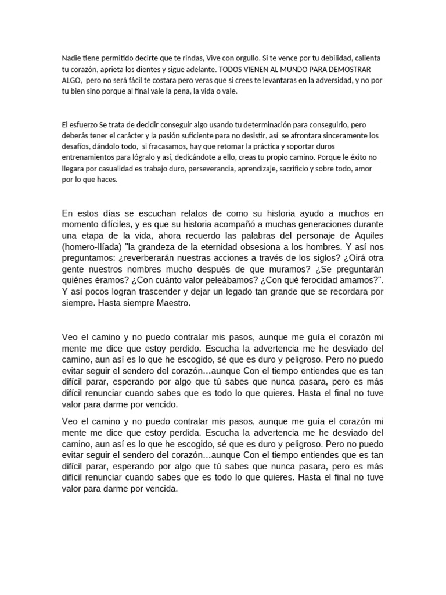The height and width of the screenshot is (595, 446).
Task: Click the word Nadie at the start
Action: [x=70, y=59]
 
